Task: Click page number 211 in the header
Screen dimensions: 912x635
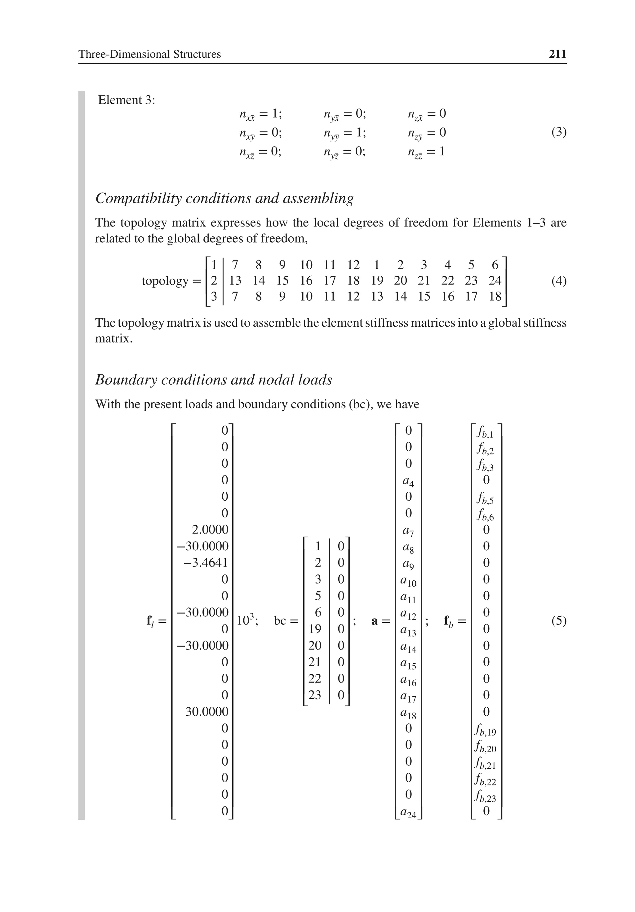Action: point(557,54)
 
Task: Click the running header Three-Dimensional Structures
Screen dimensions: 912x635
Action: point(149,54)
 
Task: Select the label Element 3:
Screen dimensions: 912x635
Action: point(126,100)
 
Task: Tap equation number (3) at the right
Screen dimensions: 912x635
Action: point(558,132)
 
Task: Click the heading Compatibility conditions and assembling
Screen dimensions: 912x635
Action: point(224,198)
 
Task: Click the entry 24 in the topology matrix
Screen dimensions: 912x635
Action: point(495,280)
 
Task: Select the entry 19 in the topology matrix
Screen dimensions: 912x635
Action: point(376,280)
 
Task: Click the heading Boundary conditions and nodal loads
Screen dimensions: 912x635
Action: point(214,380)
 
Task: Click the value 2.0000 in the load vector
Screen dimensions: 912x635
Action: point(210,530)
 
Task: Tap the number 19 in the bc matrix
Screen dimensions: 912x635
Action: point(315,629)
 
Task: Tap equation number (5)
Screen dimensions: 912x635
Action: point(558,620)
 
